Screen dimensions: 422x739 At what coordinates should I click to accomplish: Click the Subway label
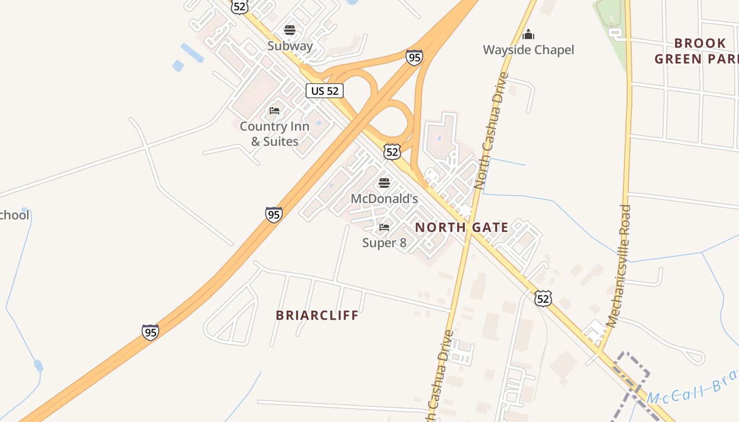(x=290, y=46)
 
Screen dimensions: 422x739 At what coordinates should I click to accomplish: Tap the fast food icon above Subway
(x=289, y=30)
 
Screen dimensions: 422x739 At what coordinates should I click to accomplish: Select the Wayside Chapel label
(x=528, y=50)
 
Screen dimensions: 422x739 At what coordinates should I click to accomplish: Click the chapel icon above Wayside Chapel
(x=528, y=35)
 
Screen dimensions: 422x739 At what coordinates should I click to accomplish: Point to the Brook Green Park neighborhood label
(x=697, y=51)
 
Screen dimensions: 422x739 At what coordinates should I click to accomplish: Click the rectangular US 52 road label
(x=325, y=91)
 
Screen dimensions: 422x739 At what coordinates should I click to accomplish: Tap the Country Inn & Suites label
(x=274, y=134)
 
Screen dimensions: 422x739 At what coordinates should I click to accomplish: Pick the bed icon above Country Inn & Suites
(x=274, y=111)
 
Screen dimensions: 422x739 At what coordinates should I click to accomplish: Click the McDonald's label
(x=384, y=199)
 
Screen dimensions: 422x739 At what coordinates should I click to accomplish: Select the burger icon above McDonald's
(x=384, y=184)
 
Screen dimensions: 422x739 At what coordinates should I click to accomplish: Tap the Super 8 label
(x=384, y=243)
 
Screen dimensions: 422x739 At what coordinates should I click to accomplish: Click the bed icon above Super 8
(x=384, y=227)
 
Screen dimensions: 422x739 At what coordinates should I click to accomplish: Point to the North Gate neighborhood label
(x=462, y=228)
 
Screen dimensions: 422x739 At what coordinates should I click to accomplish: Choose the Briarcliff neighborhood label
(x=317, y=315)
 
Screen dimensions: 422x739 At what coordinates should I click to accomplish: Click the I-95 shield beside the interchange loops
(x=414, y=57)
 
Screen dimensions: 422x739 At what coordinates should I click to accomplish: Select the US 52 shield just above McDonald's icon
(x=392, y=152)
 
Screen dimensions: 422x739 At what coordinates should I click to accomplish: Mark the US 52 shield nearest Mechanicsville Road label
(x=543, y=299)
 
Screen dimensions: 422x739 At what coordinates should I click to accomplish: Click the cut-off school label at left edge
(x=14, y=215)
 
